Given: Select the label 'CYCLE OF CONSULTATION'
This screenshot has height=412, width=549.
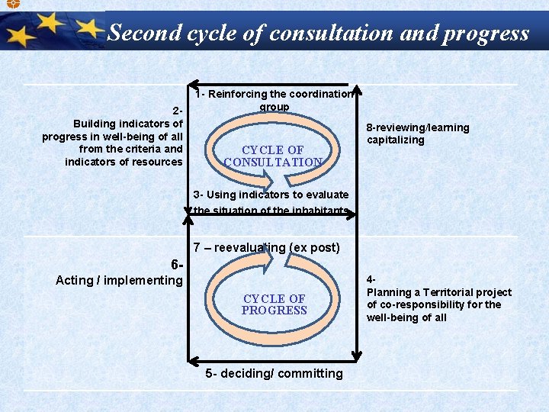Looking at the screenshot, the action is coord(273,156).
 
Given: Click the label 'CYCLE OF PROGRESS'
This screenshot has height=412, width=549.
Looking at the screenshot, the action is coord(274,304).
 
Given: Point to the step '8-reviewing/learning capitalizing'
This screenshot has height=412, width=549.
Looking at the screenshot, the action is coord(418,134).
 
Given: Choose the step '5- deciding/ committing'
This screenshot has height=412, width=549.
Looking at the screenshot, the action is coord(274,373).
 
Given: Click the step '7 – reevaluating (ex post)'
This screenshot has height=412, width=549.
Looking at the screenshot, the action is coord(266,247).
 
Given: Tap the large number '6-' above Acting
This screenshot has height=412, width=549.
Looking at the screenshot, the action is coord(178,265).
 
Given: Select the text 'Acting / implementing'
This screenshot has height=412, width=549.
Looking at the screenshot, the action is coord(119,280).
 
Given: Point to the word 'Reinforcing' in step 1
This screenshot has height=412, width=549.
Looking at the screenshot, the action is coord(239,94).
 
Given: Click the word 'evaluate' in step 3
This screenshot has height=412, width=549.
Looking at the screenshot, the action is coord(328,195).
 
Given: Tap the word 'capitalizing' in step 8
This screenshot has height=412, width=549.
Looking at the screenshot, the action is coord(395,140).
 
